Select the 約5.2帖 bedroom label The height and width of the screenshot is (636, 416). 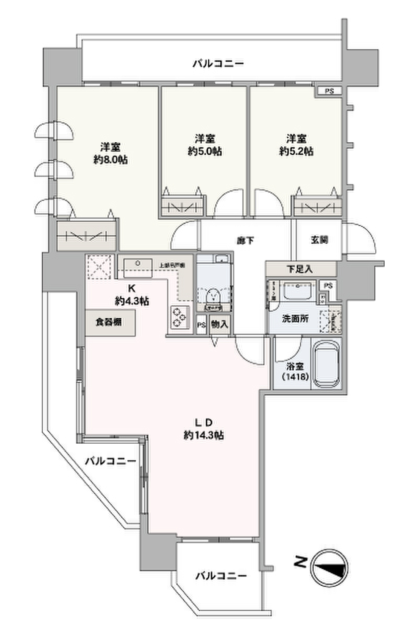[x=295, y=145]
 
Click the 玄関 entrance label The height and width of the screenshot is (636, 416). [x=319, y=240]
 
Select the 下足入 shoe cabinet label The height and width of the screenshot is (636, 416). [x=300, y=269]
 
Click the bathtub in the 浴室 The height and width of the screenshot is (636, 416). [x=327, y=363]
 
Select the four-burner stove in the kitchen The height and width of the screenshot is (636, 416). [x=178, y=318]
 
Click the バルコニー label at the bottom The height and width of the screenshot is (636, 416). [x=220, y=576]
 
